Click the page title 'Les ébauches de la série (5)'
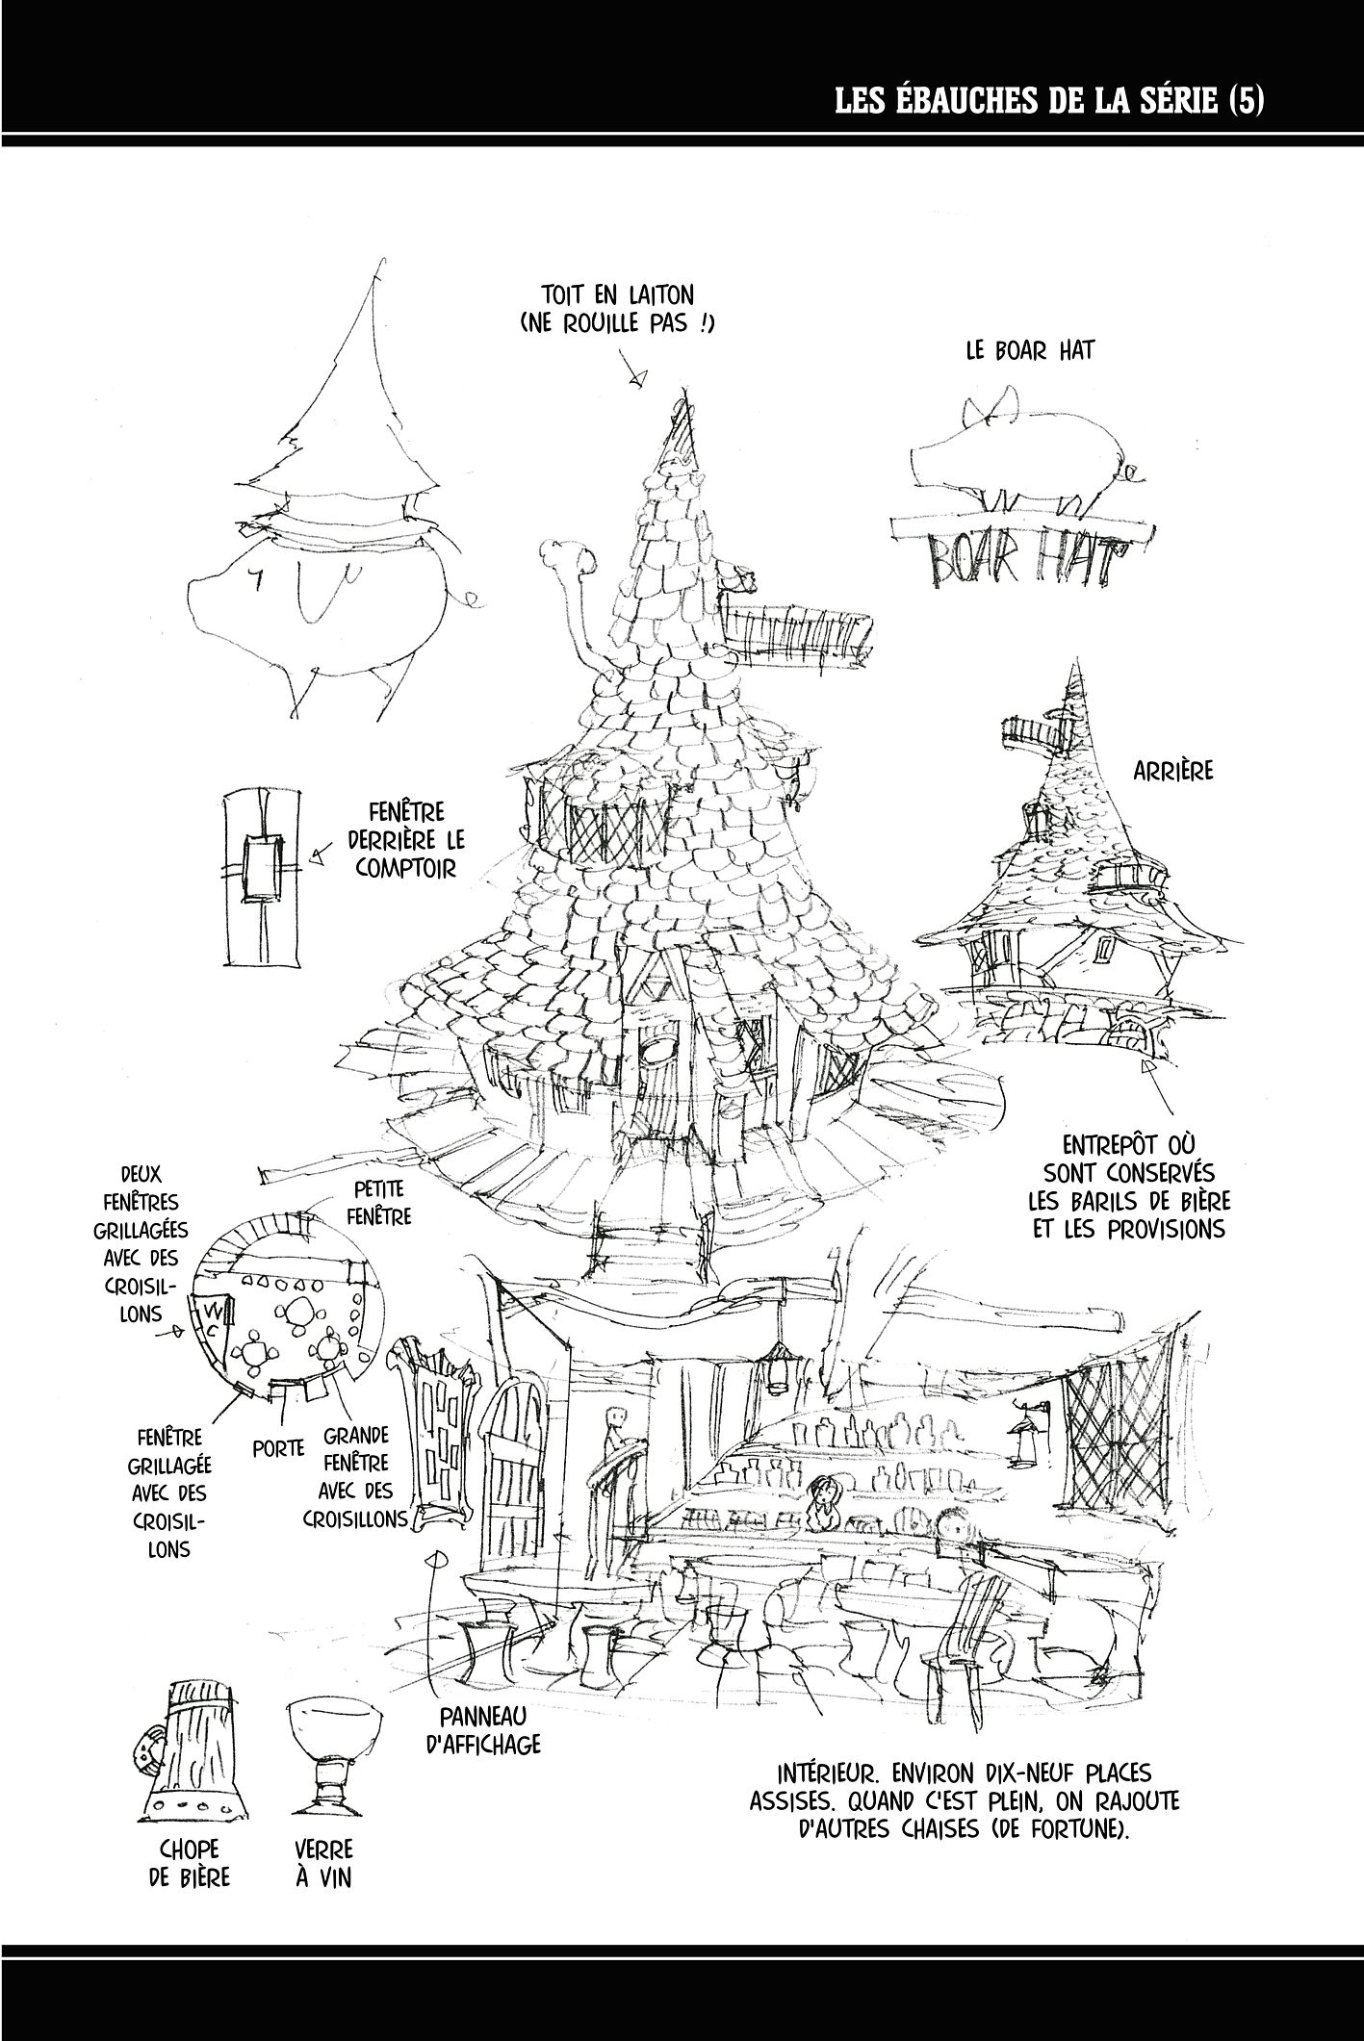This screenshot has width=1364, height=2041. tap(1048, 99)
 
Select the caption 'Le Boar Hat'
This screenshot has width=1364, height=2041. tap(1030, 350)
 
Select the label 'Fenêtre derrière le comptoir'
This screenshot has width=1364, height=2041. tap(401, 840)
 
